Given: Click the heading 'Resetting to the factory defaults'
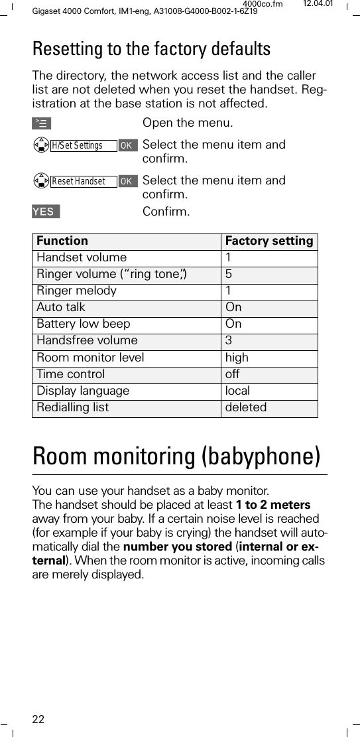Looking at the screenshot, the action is pyautogui.click(x=152, y=49).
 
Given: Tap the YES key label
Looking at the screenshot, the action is pyautogui.click(x=45, y=212).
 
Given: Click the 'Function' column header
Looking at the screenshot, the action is pyautogui.click(x=62, y=241).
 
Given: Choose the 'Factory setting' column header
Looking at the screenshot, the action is pyautogui.click(x=269, y=241).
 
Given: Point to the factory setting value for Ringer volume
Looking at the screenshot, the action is pyautogui.click(x=229, y=274).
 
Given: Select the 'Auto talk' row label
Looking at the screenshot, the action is pyautogui.click(x=61, y=308).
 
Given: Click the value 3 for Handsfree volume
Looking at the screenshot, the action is pyautogui.click(x=229, y=341).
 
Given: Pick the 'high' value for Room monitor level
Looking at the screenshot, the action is pyautogui.click(x=237, y=358).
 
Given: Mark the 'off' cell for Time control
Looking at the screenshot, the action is pyautogui.click(x=233, y=374).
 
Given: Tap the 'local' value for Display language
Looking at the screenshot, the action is pyautogui.click(x=237, y=391).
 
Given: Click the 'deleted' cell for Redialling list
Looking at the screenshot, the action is pyautogui.click(x=246, y=407).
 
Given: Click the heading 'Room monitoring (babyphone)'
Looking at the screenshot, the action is pyautogui.click(x=176, y=456).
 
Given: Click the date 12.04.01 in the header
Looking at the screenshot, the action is pyautogui.click(x=318, y=5).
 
